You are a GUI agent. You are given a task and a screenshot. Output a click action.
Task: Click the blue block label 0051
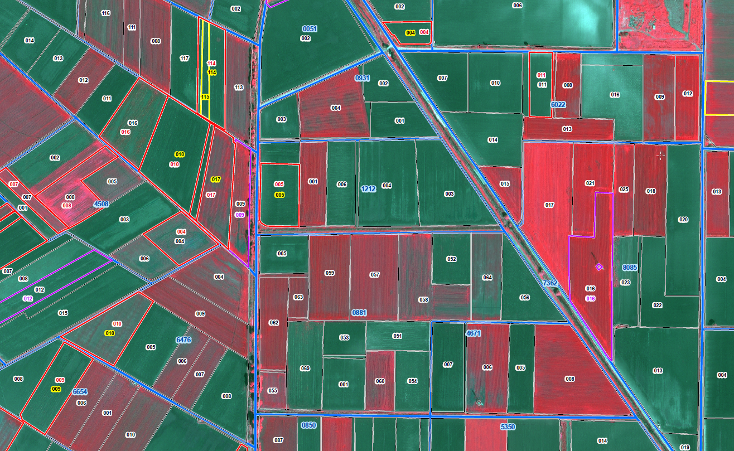pyautogui.click(x=310, y=29)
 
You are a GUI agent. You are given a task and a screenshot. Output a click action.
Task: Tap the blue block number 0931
pyautogui.click(x=363, y=79)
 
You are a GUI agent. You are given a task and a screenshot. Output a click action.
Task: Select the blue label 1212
pyautogui.click(x=369, y=189)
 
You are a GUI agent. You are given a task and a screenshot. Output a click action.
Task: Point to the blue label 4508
pyautogui.click(x=101, y=204)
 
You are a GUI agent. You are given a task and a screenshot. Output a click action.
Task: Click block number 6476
pyautogui.click(x=183, y=340)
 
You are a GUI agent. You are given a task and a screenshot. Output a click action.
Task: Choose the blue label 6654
pyautogui.click(x=80, y=392)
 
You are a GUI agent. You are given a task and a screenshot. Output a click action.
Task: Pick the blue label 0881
pyautogui.click(x=359, y=313)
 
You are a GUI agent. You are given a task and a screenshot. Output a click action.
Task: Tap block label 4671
pyautogui.click(x=473, y=333)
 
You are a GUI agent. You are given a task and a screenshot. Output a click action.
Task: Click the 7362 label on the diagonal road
pyautogui.click(x=550, y=284)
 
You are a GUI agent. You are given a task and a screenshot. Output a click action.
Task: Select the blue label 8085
pyautogui.click(x=630, y=268)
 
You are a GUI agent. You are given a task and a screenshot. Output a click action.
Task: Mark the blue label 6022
pyautogui.click(x=558, y=105)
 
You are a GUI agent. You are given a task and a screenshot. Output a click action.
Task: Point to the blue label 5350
pyautogui.click(x=508, y=427)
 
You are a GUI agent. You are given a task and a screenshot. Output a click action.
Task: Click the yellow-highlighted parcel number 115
pyautogui.click(x=205, y=97)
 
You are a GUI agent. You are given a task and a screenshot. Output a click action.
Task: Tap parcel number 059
pyautogui.click(x=330, y=273)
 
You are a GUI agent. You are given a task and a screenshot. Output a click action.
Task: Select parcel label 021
pyautogui.click(x=590, y=183)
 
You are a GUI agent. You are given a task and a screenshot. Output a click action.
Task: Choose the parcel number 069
pyautogui.click(x=305, y=368)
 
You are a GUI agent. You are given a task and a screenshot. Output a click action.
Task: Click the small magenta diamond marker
pyautogui.click(x=599, y=267)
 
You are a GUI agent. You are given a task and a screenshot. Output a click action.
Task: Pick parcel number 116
pyautogui.click(x=105, y=13)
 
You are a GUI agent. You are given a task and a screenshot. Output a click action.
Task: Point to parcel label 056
pyautogui.click(x=524, y=298)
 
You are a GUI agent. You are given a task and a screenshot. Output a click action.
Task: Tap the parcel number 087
pyautogui.click(x=279, y=440)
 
